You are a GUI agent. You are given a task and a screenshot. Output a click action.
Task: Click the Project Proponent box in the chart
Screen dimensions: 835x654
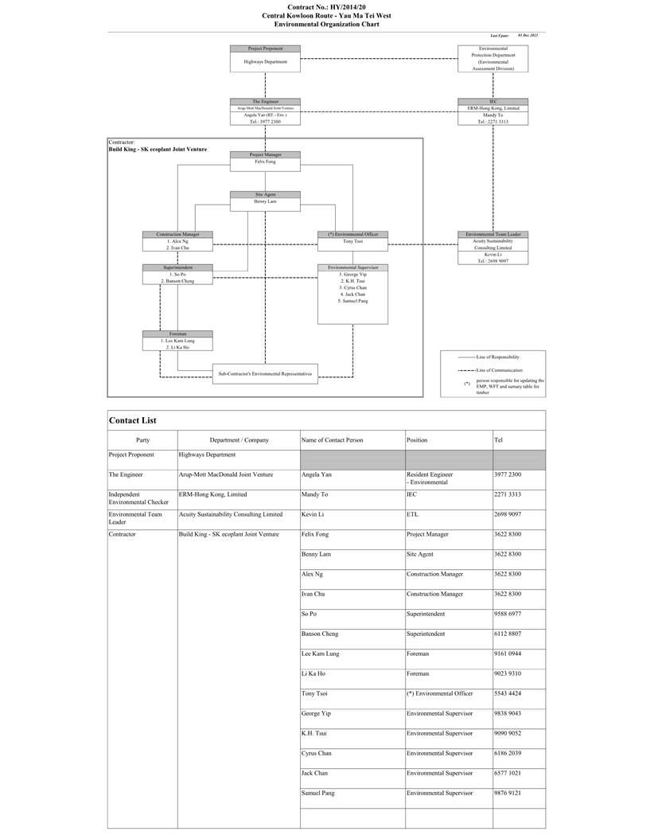[265, 58]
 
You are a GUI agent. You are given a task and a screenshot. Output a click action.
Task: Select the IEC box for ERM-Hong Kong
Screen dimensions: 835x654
[492, 111]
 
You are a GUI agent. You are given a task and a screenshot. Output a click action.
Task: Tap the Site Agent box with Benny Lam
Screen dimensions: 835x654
[265, 201]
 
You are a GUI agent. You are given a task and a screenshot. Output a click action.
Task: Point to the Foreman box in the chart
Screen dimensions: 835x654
[177, 341]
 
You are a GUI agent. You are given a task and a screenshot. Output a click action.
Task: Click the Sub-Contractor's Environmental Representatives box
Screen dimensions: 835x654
[265, 373]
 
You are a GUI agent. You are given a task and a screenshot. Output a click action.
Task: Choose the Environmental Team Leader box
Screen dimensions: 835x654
[492, 247]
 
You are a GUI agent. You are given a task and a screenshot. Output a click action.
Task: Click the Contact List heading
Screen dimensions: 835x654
[133, 420]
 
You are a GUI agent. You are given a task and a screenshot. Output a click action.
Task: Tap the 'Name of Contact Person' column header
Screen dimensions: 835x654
[332, 439]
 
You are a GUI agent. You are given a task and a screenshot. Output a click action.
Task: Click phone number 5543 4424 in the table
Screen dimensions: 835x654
[508, 693]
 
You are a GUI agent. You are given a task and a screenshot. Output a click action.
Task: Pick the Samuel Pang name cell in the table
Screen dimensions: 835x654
[317, 793]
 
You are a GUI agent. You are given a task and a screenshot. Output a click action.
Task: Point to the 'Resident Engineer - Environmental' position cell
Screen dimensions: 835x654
[430, 478]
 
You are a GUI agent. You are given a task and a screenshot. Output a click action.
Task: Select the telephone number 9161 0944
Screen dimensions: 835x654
[508, 654]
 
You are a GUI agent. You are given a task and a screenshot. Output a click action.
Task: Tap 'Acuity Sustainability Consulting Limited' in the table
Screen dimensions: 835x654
[231, 514]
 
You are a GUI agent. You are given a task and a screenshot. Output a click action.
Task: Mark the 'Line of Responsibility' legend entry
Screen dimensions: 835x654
[499, 357]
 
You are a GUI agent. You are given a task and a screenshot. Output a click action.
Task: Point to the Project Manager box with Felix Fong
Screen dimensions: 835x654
[265, 159]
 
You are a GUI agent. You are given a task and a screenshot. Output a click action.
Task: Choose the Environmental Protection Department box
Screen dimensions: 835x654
[492, 58]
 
